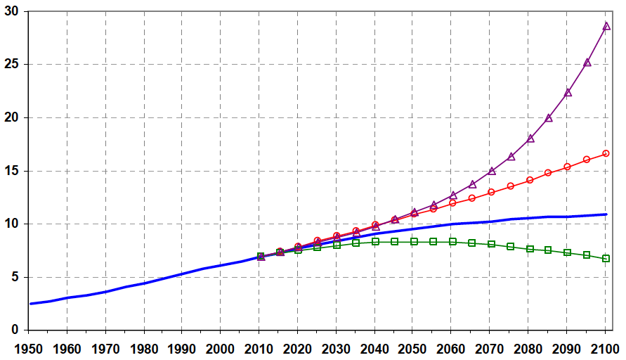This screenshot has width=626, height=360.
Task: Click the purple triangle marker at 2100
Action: [606, 27]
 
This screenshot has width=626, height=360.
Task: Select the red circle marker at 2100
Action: [606, 153]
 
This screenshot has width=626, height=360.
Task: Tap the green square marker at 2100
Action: [606, 258]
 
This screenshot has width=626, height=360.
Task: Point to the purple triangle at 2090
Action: [568, 93]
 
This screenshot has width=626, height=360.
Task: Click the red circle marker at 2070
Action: [491, 192]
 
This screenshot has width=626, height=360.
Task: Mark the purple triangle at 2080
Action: [530, 139]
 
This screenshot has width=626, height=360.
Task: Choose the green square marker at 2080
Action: [530, 249]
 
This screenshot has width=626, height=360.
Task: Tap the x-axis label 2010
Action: [259, 347]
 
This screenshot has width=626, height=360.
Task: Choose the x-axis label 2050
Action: [413, 347]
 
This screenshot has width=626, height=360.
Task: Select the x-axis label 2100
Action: [605, 347]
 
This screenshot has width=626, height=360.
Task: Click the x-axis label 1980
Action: [144, 347]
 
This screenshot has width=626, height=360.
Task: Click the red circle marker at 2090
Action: [568, 167]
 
